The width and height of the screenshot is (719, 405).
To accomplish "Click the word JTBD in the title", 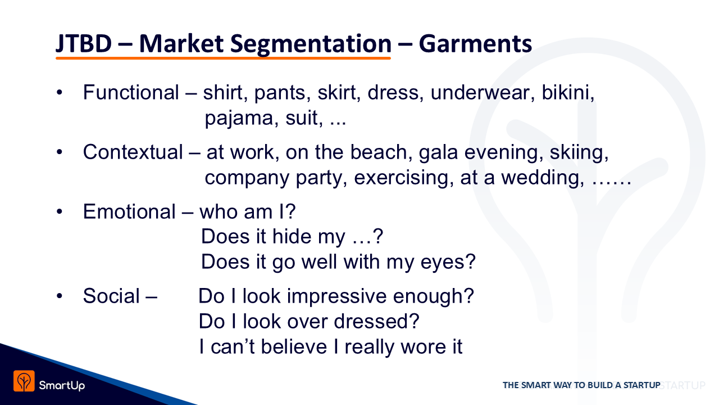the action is pyautogui.click(x=84, y=43).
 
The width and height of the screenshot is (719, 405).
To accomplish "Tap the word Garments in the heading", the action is pyautogui.click(x=475, y=43).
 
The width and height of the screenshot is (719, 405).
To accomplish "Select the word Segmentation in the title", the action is pyautogui.click(x=311, y=44).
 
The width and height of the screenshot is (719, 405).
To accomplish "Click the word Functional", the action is pyautogui.click(x=131, y=93).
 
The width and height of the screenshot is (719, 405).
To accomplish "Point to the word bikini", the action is pyautogui.click(x=568, y=93).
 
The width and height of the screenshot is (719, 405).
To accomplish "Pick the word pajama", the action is pyautogui.click(x=239, y=118).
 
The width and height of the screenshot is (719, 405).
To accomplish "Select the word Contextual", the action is pyautogui.click(x=133, y=152).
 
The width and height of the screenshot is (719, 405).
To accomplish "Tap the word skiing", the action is pyautogui.click(x=579, y=152).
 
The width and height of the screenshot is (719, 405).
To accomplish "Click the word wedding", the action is pyautogui.click(x=543, y=178).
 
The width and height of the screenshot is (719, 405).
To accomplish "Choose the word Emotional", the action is pyautogui.click(x=129, y=212).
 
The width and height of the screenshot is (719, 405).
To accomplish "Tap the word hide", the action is pyautogui.click(x=292, y=237).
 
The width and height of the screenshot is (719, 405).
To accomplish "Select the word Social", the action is pyautogui.click(x=111, y=296).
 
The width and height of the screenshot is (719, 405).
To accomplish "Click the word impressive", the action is pyautogui.click(x=336, y=296).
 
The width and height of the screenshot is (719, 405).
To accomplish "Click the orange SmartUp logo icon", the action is pyautogui.click(x=24, y=381).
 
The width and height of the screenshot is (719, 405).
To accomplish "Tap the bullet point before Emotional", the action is pyautogui.click(x=60, y=212).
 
